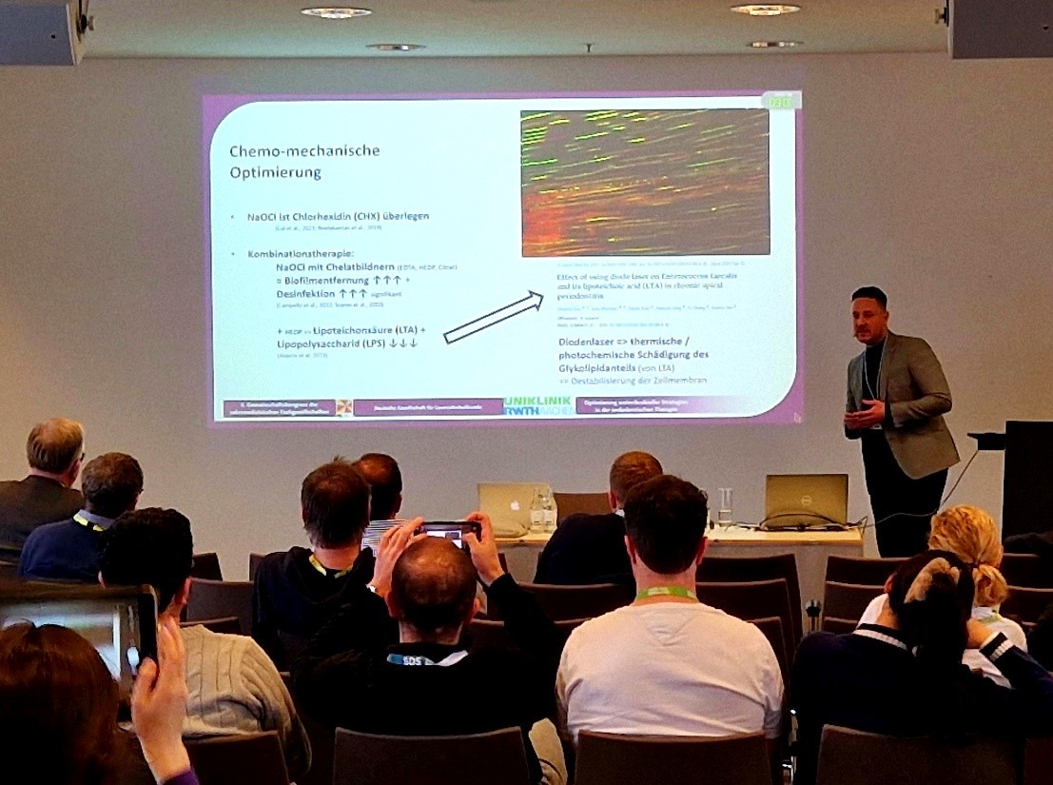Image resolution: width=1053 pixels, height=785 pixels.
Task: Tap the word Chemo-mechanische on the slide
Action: [304, 150]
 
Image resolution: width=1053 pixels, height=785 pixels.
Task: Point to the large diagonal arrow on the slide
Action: [493, 316]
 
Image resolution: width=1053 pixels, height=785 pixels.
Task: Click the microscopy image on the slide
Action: [645, 183]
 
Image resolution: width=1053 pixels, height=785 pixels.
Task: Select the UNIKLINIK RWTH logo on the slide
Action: [539, 405]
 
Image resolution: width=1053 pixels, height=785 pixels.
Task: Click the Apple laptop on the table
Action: [506, 506]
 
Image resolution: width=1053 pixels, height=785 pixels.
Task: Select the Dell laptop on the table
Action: [805, 500]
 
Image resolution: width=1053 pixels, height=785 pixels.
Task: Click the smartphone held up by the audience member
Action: [449, 533]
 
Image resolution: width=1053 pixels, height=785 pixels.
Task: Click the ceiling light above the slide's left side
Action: [336, 12]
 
